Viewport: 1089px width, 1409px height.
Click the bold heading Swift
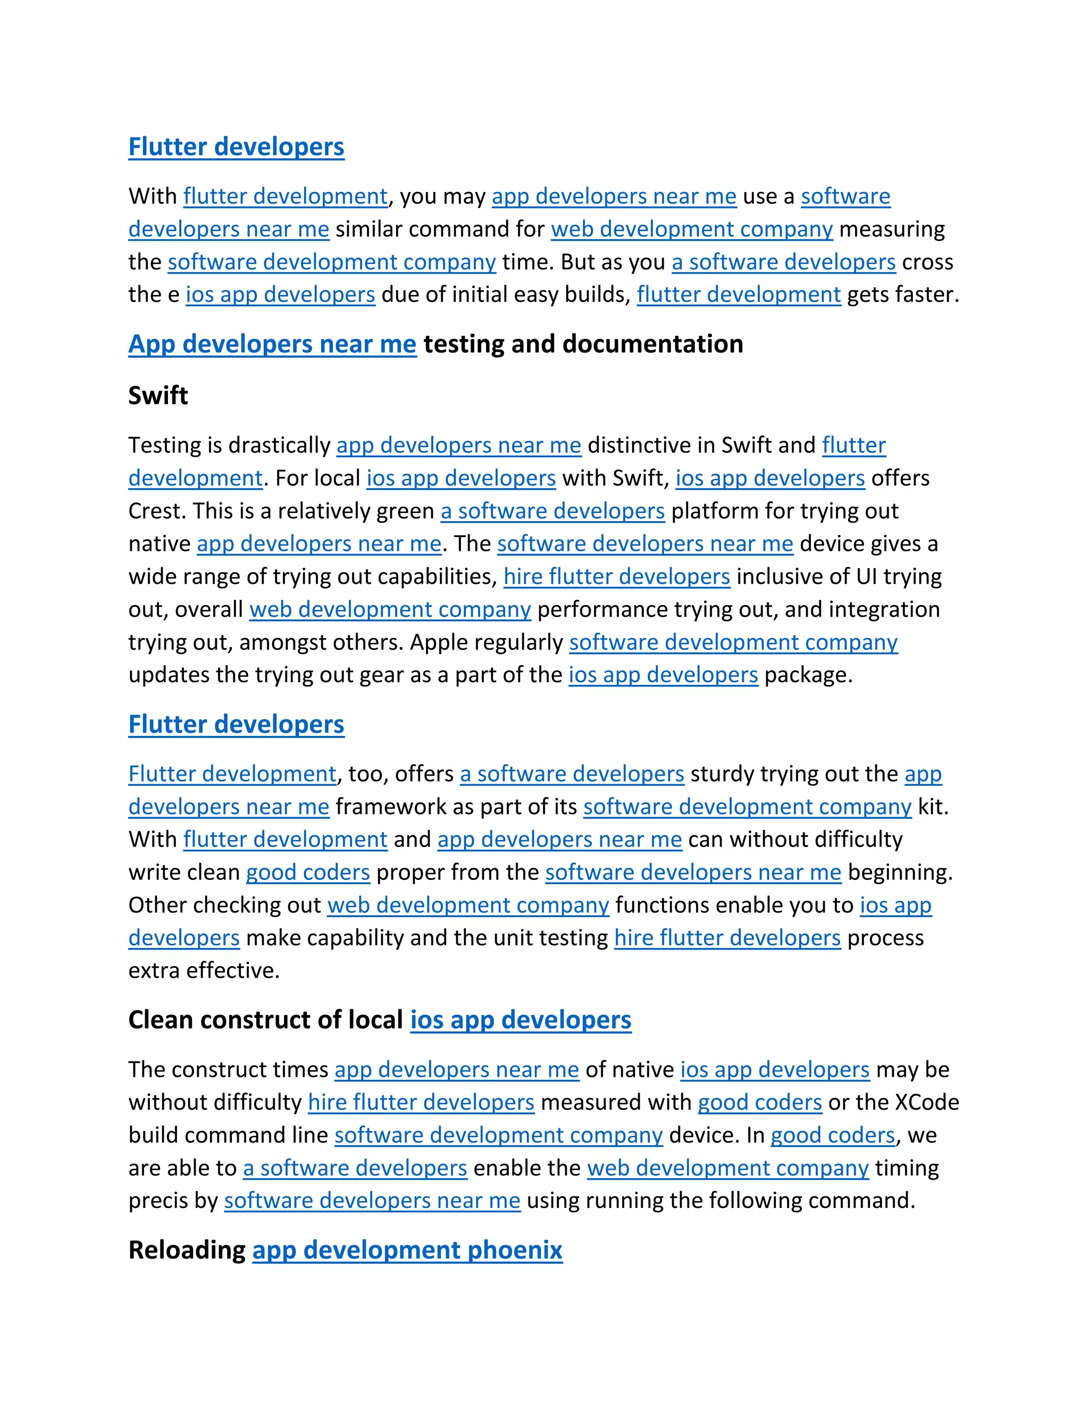[158, 396]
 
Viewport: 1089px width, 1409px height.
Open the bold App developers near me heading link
[272, 344]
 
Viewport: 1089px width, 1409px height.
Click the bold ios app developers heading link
[521, 1020]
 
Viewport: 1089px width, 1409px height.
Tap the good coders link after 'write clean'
[308, 872]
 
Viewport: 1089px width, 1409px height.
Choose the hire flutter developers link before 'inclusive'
[616, 576]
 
